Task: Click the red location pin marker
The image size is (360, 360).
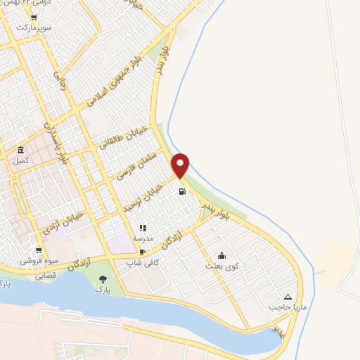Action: (x=181, y=165)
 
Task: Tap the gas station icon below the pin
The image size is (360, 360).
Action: (x=182, y=191)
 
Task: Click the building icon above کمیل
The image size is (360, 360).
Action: (x=21, y=150)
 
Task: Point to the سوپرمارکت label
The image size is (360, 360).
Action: (x=36, y=27)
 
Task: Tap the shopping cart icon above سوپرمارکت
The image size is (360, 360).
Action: (x=33, y=18)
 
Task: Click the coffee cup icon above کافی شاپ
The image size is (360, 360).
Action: (x=143, y=252)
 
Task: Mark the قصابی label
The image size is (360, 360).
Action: (x=46, y=276)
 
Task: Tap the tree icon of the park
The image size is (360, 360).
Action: (x=103, y=279)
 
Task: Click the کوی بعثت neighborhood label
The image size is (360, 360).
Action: (x=222, y=266)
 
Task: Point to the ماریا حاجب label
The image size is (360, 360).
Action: (x=285, y=307)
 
